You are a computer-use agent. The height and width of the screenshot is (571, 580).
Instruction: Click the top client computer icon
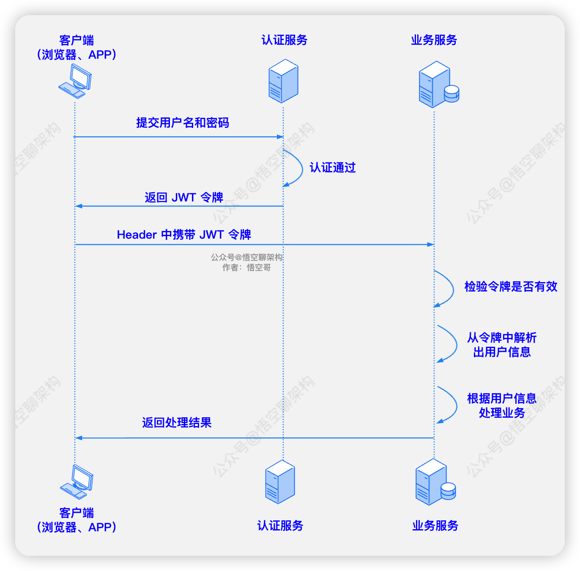pyautogui.click(x=75, y=81)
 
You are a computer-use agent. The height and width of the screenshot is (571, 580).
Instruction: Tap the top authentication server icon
pyautogui.click(x=283, y=81)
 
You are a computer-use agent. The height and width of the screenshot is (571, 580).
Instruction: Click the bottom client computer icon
pyautogui.click(x=77, y=482)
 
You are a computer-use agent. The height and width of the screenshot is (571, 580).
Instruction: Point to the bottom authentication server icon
pyautogui.click(x=280, y=481)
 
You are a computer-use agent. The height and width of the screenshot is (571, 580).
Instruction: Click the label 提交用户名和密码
pyautogui.click(x=182, y=123)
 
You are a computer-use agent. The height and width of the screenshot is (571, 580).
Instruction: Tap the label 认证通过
pyautogui.click(x=333, y=168)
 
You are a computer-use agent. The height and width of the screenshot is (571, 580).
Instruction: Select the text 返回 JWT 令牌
pyautogui.click(x=184, y=197)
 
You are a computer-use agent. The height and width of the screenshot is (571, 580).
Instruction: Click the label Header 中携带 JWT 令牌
pyautogui.click(x=184, y=234)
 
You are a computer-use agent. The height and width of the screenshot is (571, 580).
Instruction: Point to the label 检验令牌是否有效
pyautogui.click(x=511, y=286)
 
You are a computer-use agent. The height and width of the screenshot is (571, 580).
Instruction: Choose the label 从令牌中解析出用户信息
pyautogui.click(x=502, y=345)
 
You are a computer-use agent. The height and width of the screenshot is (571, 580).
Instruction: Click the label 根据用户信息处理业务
pyautogui.click(x=502, y=405)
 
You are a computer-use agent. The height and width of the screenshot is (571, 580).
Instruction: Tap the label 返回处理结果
pyautogui.click(x=177, y=422)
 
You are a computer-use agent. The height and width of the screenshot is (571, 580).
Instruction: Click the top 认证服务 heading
pyautogui.click(x=284, y=40)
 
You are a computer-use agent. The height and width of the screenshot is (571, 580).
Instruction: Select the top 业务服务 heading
pyautogui.click(x=434, y=40)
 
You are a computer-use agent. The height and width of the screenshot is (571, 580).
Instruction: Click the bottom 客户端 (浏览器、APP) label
pyautogui.click(x=77, y=520)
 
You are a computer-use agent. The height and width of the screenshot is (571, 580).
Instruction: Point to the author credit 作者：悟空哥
pyautogui.click(x=246, y=267)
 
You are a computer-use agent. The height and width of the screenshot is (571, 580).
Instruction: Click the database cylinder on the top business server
pyautogui.click(x=451, y=94)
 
